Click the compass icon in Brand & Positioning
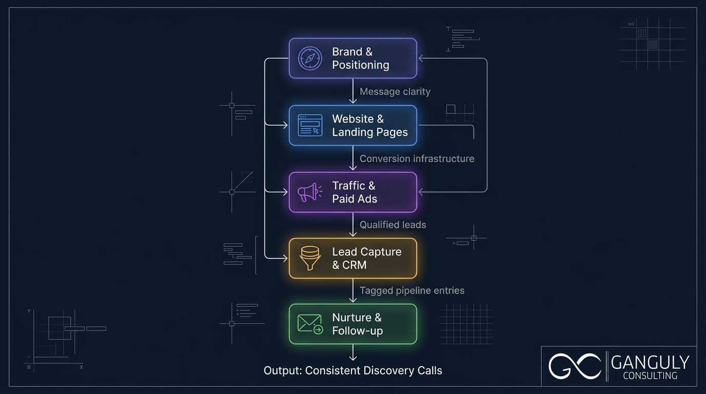(310, 58)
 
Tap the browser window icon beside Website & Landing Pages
(310, 125)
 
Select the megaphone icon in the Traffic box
(309, 192)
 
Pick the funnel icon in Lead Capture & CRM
(310, 258)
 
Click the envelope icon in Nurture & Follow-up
(310, 324)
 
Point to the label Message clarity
(395, 92)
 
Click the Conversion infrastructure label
(417, 159)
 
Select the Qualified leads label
(393, 225)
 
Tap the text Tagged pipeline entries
(411, 290)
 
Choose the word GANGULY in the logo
(650, 363)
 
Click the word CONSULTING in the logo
(650, 376)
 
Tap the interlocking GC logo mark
(574, 366)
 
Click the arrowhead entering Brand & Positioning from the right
(421, 58)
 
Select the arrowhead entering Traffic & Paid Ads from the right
(421, 192)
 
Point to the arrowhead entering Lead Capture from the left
(285, 258)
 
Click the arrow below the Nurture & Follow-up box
(353, 354)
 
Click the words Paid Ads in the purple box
(354, 199)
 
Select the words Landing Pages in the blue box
(369, 132)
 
